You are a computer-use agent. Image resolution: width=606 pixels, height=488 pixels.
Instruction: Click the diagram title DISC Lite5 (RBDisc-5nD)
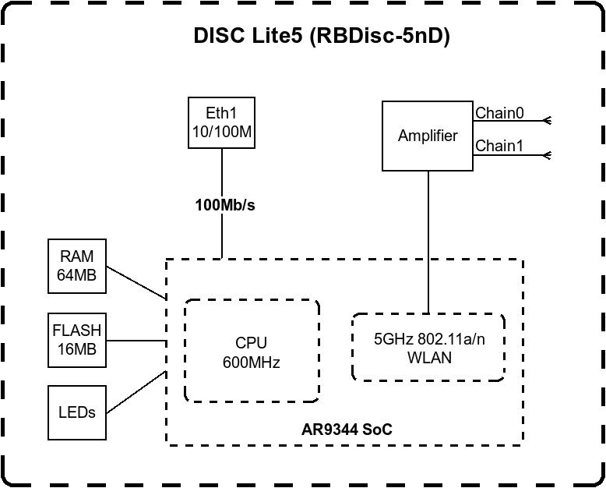[x=322, y=37]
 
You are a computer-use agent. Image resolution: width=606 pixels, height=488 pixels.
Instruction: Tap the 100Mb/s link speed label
[x=225, y=205]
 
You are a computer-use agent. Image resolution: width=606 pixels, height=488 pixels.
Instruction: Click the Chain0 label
[x=499, y=113]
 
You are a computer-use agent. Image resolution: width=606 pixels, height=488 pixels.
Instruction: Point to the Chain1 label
[x=499, y=146]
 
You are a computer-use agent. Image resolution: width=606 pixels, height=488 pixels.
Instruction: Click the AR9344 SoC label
[x=347, y=430]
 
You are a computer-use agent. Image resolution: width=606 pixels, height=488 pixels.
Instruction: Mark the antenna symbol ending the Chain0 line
[x=547, y=121]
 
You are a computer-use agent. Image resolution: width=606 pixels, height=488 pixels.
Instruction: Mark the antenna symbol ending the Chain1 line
[x=547, y=155]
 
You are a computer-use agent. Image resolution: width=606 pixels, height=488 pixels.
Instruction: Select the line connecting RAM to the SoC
[x=136, y=283]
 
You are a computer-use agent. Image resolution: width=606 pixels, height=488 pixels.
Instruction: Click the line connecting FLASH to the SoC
[x=136, y=341]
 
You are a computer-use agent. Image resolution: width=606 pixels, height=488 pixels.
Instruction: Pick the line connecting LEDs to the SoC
[x=136, y=392]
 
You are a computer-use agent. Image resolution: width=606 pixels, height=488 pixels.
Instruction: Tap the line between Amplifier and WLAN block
[x=428, y=242]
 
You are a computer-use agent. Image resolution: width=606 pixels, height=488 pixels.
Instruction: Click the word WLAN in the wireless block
[x=429, y=358]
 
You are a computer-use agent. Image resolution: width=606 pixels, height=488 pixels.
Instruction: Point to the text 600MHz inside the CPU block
[x=252, y=362]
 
